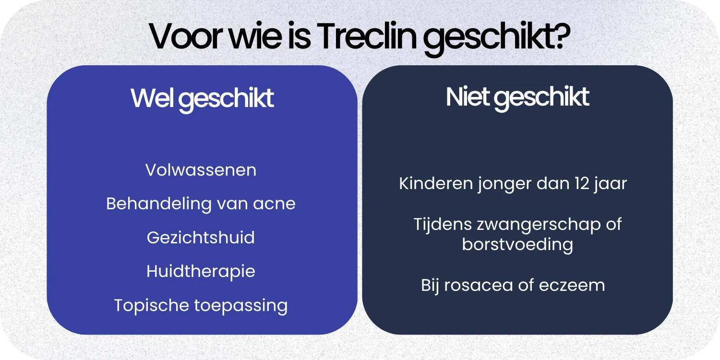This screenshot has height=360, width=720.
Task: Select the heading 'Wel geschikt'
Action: (x=202, y=98)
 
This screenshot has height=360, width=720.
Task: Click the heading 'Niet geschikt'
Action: (x=517, y=97)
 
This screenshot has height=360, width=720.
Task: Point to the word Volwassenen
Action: (x=201, y=170)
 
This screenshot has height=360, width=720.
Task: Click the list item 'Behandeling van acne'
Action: (x=201, y=204)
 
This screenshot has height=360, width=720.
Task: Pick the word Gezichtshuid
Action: (x=201, y=238)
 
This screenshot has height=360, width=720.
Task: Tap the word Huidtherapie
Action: (x=201, y=271)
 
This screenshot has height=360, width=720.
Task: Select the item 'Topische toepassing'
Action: (x=201, y=305)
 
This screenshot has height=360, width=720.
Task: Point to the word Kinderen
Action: (x=435, y=183)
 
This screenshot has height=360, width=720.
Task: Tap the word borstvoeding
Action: (x=517, y=244)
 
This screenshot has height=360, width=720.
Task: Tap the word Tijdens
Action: (x=441, y=224)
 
